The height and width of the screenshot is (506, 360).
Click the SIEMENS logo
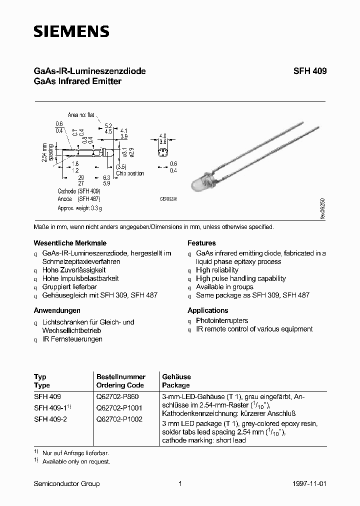(x=71, y=31)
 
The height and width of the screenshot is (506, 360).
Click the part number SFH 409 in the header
(x=310, y=71)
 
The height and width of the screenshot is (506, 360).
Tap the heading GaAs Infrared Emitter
(x=77, y=81)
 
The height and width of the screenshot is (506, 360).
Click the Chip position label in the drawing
(x=130, y=173)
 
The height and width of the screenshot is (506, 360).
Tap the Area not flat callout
(x=81, y=115)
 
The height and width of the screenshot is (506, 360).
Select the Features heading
(x=201, y=243)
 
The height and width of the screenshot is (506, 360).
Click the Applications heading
(x=207, y=310)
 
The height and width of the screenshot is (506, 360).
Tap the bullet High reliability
(x=217, y=270)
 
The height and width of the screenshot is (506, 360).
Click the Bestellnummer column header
(x=120, y=376)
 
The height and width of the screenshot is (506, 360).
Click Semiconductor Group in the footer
(x=66, y=483)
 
